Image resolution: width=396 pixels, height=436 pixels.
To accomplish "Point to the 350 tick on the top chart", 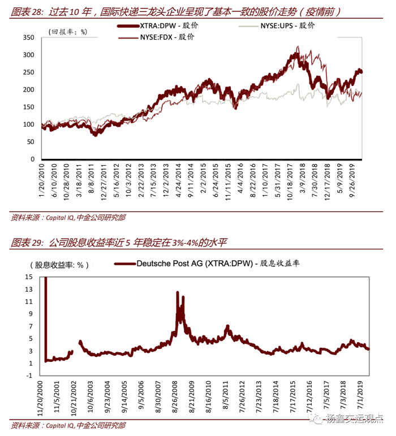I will click(x=28, y=38).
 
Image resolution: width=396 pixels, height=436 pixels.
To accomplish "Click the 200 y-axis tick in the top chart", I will click(x=28, y=90).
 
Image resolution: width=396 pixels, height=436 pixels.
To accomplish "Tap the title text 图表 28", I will click(x=25, y=11).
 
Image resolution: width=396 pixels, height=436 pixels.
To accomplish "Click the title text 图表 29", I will click(x=25, y=243).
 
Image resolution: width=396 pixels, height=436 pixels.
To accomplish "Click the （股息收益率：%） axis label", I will click(x=59, y=264).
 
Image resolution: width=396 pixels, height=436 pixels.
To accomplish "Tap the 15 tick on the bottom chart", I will click(x=28, y=277).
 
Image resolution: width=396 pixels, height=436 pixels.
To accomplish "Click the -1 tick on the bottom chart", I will click(x=28, y=375).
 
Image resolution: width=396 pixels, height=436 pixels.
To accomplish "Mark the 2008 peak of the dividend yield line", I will click(x=178, y=292).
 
